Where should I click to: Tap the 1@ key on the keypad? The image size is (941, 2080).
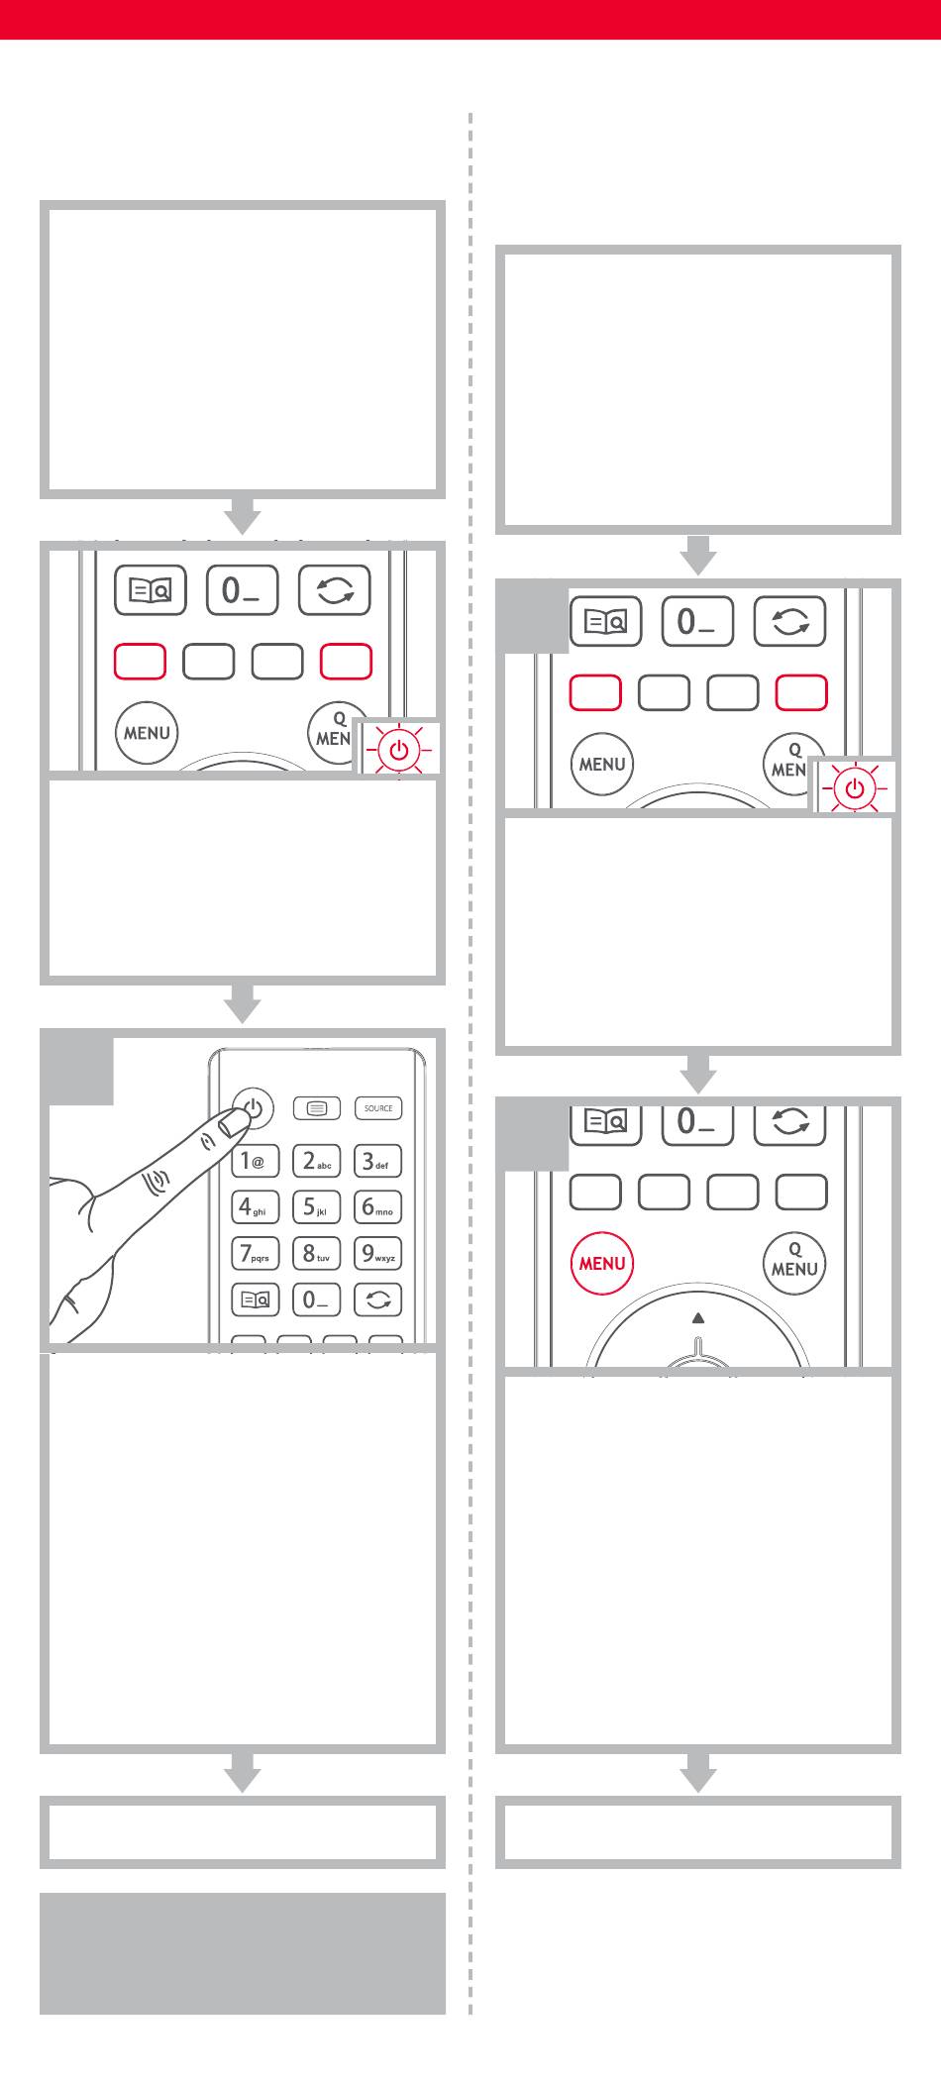coord(256,1162)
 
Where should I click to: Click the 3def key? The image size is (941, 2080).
coord(377,1162)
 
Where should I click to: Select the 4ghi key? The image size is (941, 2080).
coord(256,1207)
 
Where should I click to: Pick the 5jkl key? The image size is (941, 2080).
coord(316,1207)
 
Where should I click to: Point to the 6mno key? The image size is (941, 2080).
coord(377,1207)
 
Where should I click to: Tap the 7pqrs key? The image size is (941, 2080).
coord(256,1253)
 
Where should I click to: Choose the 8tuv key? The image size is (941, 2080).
coord(316,1253)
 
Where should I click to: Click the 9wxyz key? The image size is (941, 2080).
coord(377,1253)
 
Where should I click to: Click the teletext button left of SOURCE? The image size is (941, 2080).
coord(317,1108)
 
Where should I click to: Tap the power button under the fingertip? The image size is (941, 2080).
coord(255,1108)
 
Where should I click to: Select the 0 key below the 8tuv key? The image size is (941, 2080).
coord(316,1300)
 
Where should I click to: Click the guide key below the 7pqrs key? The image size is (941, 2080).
coord(256,1300)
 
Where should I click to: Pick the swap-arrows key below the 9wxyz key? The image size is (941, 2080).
coord(377,1300)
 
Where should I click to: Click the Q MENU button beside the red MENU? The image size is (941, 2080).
coord(794,1262)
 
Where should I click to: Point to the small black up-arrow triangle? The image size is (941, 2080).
coord(698,1317)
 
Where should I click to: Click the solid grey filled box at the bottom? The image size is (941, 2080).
coord(243,1953)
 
